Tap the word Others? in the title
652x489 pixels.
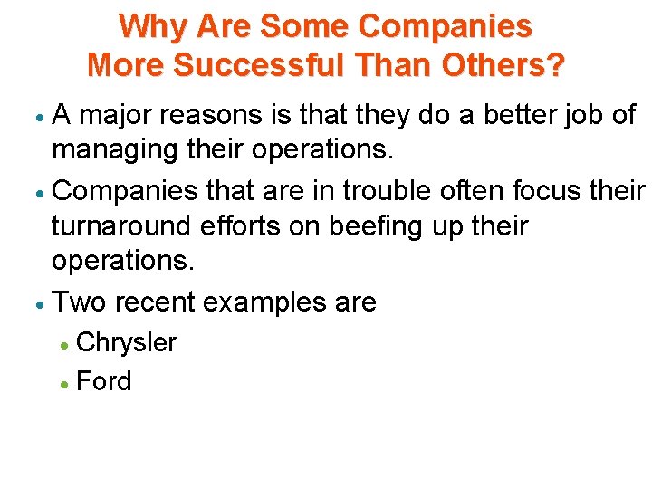(509, 65)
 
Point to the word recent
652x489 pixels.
(154, 302)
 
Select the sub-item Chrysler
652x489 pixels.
(127, 342)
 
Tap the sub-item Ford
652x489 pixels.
(104, 381)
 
